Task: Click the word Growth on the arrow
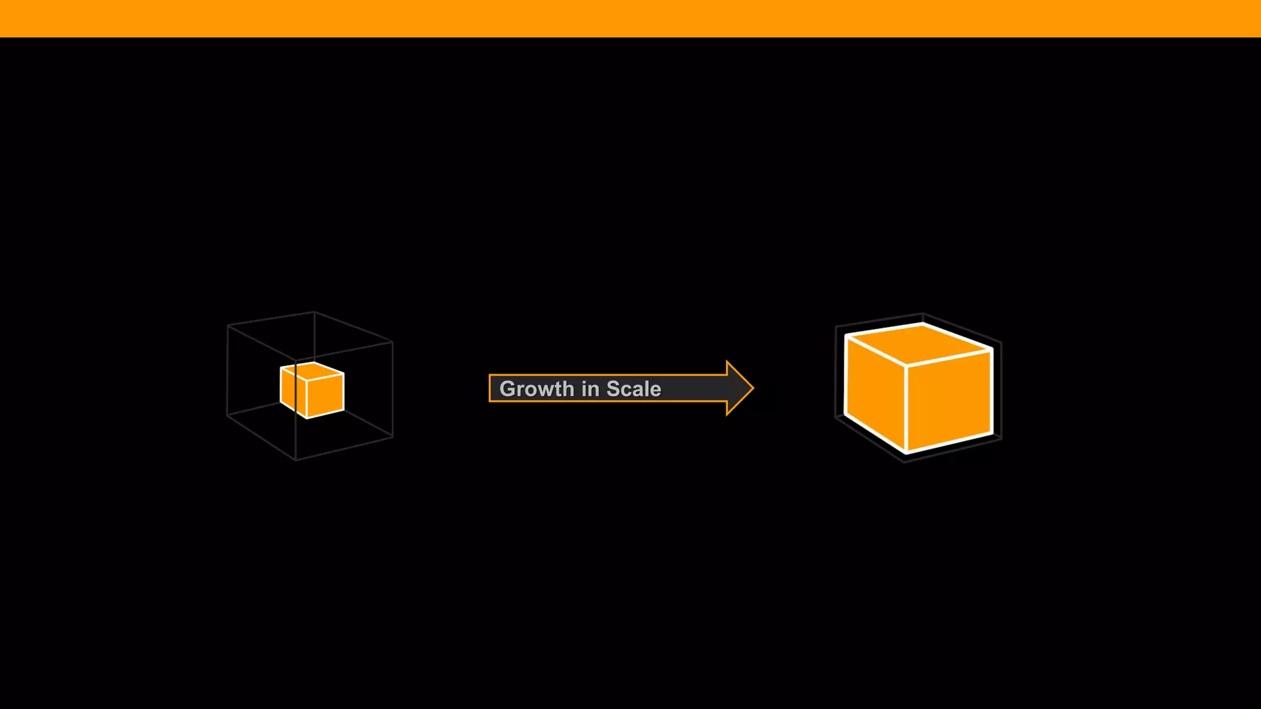coord(536,389)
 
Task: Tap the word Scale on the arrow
coord(634,389)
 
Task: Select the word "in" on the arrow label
coord(590,389)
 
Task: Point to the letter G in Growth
coord(508,389)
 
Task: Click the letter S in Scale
coord(613,389)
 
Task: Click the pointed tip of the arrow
coord(752,388)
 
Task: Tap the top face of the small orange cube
coord(313,371)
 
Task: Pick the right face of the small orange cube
coord(326,395)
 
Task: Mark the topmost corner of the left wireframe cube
coord(314,312)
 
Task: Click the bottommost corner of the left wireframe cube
coord(296,460)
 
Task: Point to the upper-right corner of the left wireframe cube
coord(392,342)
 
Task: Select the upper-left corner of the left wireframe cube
coord(228,325)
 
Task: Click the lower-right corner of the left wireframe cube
coord(392,437)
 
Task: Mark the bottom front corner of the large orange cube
coord(906,452)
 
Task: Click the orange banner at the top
coord(630,18)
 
